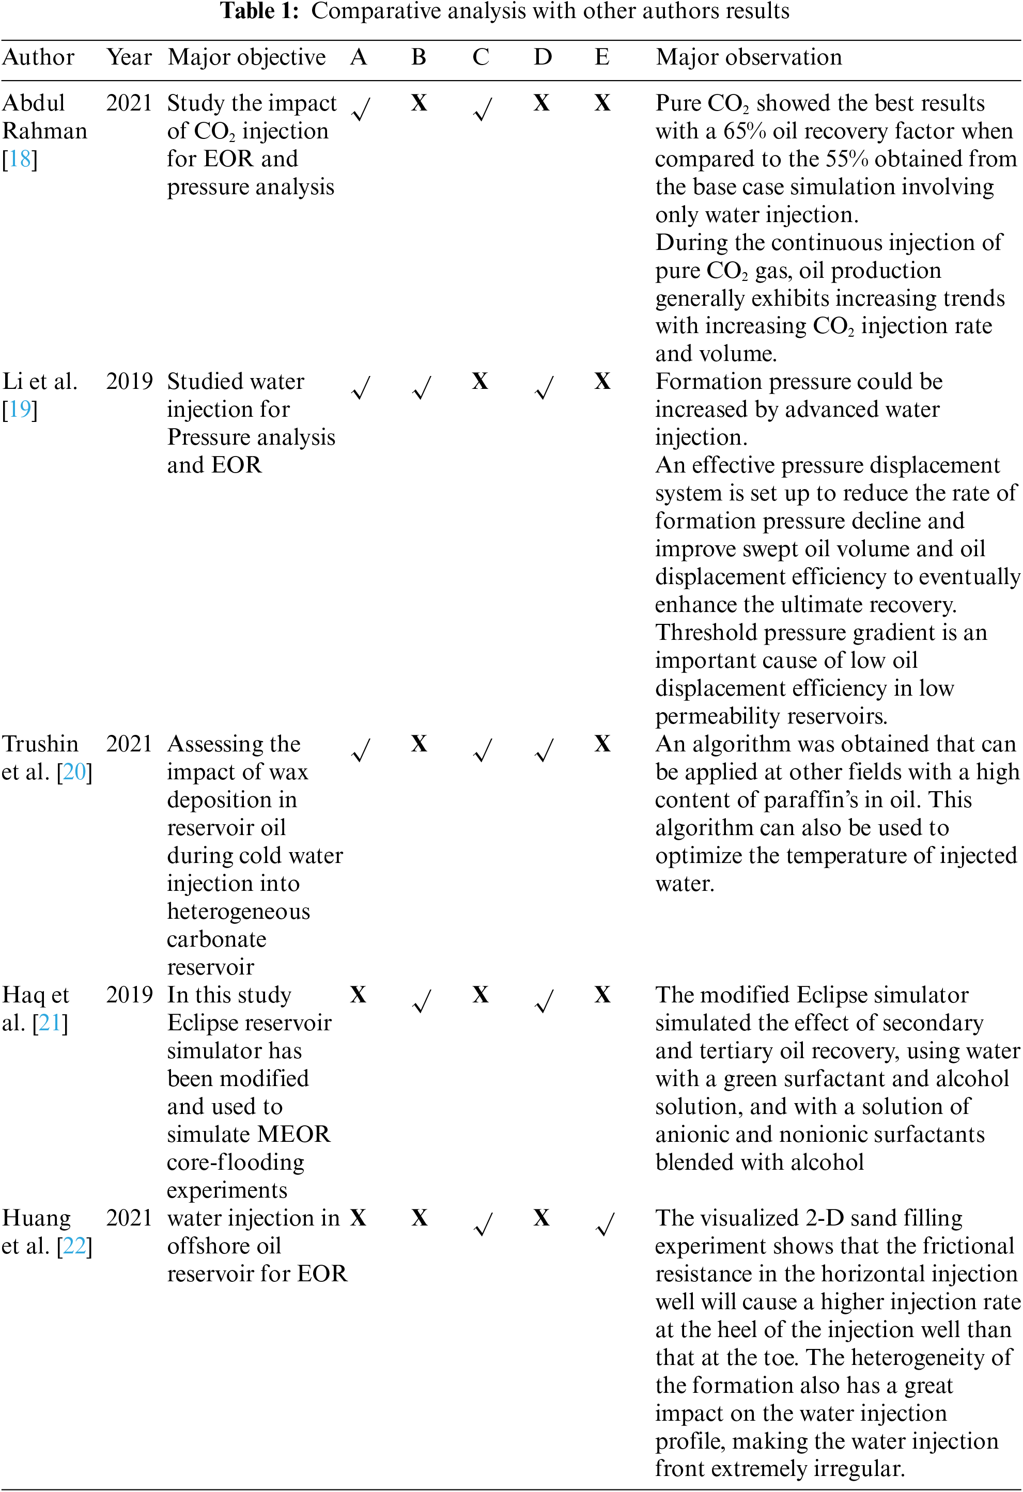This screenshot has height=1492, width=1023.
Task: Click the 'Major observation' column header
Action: (748, 57)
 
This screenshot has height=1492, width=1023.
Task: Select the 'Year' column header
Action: (129, 57)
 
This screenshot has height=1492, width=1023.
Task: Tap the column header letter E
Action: (602, 57)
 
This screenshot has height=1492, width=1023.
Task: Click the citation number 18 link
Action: (20, 159)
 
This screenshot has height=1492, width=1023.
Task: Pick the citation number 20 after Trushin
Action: (74, 771)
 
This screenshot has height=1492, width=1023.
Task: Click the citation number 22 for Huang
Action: (74, 1246)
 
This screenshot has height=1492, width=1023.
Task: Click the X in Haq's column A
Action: (358, 995)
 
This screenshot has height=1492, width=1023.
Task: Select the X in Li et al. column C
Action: (479, 381)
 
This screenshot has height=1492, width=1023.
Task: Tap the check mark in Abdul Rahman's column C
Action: (483, 109)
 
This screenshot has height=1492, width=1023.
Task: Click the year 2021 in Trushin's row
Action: (129, 744)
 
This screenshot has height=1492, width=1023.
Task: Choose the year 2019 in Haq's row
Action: (129, 995)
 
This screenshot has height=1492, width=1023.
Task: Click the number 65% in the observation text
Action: (745, 131)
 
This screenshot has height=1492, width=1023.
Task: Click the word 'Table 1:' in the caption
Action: (259, 11)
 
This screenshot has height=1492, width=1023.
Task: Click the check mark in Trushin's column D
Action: (544, 750)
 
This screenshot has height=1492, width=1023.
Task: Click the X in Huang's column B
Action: (420, 1217)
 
